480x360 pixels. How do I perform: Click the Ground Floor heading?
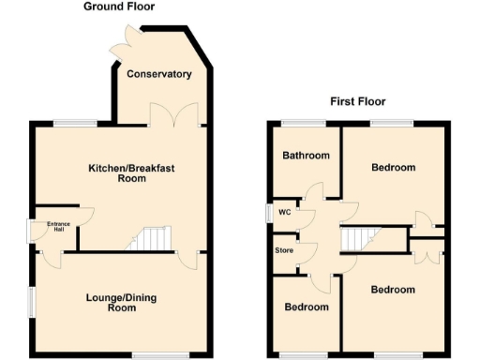[119, 7]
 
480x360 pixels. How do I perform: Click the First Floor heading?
[357, 101]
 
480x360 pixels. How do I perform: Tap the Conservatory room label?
[159, 74]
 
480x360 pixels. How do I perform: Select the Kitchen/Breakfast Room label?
[131, 173]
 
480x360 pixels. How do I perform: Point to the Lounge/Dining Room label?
[123, 303]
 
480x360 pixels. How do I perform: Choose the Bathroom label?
[307, 156]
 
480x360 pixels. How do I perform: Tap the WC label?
[284, 212]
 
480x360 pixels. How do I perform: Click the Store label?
[283, 251]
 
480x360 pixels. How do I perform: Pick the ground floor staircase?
[147, 239]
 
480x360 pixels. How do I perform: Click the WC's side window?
[268, 212]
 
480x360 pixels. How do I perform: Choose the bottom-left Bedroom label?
[307, 307]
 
